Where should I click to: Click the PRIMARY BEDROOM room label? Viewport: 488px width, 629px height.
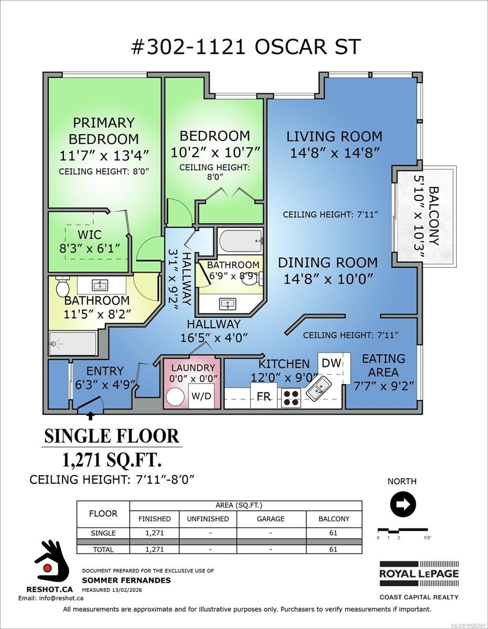coord(104,131)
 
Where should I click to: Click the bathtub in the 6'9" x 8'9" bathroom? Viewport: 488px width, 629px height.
coord(241,241)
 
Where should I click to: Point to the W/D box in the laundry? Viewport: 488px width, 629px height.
coord(201,396)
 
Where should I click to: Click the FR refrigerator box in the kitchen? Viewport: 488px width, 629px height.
coord(264,396)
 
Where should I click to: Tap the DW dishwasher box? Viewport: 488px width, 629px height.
coord(331,363)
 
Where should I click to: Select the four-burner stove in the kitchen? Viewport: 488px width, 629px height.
coord(292,398)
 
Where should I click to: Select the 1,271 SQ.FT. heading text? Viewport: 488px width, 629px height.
coord(112,460)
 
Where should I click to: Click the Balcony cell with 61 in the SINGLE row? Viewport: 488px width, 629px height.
coord(334,533)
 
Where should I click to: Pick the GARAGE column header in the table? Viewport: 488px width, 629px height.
coord(271,518)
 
